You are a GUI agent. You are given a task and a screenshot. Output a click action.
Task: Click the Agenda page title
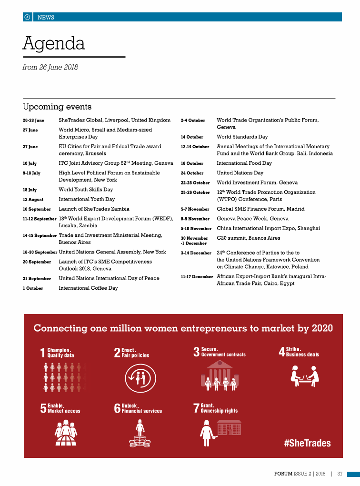point(54,43)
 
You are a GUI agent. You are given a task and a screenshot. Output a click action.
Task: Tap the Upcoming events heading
point(57,107)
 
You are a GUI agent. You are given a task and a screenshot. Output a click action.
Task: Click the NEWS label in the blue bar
point(46,18)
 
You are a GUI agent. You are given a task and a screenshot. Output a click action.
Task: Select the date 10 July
point(30,163)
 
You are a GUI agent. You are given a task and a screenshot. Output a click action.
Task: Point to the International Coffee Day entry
point(88,288)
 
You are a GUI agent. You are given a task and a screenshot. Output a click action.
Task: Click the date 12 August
point(33,200)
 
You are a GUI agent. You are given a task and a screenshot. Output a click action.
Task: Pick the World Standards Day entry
point(242,137)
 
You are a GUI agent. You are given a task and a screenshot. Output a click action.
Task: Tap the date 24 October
point(192,173)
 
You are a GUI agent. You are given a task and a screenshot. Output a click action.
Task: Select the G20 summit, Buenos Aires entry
point(248,238)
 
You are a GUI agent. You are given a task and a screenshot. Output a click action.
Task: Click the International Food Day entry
point(244,163)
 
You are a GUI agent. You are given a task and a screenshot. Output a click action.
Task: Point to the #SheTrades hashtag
point(307,443)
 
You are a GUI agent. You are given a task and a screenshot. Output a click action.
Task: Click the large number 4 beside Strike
point(282,352)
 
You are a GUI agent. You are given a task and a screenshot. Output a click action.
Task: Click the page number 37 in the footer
point(340,474)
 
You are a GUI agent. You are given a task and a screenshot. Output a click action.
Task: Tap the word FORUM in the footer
point(284,474)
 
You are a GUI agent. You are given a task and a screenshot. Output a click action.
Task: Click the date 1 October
point(33,288)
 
